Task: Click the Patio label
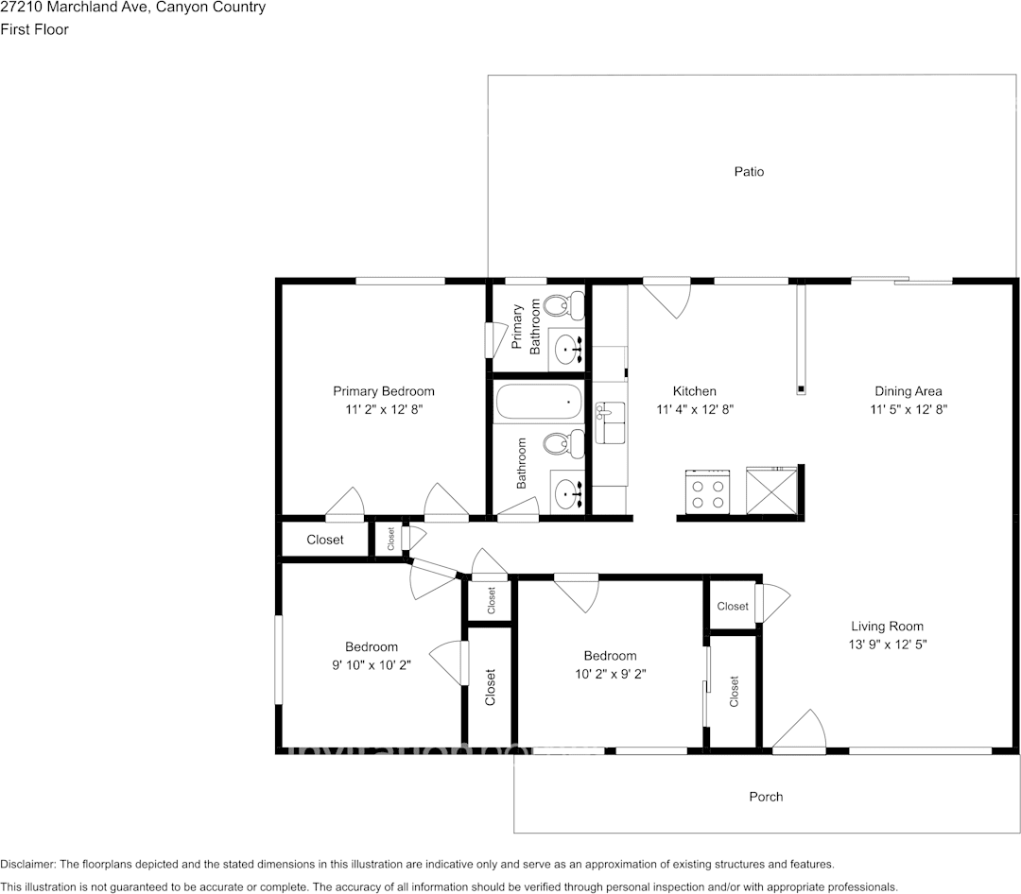[749, 172]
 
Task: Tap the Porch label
[766, 797]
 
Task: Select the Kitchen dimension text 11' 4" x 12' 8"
[695, 409]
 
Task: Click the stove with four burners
[706, 492]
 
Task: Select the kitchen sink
[610, 419]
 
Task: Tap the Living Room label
[887, 626]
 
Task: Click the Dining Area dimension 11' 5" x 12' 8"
[908, 409]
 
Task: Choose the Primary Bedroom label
[383, 391]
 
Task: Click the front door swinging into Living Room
[800, 731]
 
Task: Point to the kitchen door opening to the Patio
[670, 296]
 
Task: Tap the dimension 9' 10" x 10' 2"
[371, 664]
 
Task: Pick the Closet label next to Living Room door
[733, 607]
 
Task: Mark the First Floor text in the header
[34, 29]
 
